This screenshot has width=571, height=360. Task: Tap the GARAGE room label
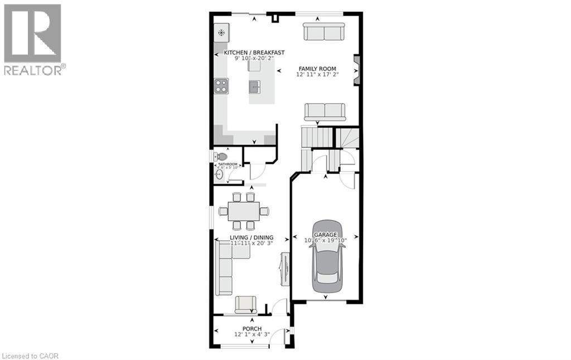(x=325, y=235)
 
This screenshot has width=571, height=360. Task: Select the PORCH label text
(x=252, y=329)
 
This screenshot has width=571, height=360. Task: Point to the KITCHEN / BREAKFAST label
(x=254, y=52)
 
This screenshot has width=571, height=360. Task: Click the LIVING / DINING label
(x=251, y=237)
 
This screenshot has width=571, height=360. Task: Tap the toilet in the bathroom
(x=221, y=157)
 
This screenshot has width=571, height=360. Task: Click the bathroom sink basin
(x=219, y=174)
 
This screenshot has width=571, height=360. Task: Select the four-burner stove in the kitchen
(x=221, y=86)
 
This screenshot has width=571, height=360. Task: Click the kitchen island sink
(x=255, y=86)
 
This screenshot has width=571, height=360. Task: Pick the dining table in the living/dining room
(x=243, y=211)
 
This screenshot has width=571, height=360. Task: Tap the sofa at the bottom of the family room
(x=325, y=111)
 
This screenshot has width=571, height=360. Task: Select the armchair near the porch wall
(x=246, y=304)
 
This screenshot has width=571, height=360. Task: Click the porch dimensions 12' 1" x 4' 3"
(x=252, y=335)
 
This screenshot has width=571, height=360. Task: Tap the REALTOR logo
(x=33, y=40)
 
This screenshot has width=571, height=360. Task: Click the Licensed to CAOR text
(x=31, y=356)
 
